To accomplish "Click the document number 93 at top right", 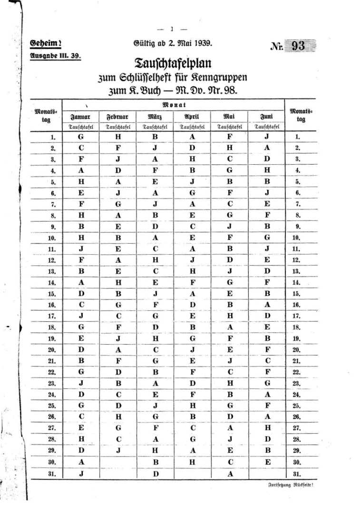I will [x=298, y=46].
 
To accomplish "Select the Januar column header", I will [x=80, y=117].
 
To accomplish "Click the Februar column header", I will [x=118, y=117].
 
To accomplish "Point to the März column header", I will [x=155, y=117].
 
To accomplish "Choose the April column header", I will [x=192, y=117].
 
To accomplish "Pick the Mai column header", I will [x=229, y=117].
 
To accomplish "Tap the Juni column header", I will [x=266, y=117].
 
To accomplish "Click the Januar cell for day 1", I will [x=81, y=136].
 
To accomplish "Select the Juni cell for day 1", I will [x=267, y=136].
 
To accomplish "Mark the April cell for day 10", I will [x=192, y=237].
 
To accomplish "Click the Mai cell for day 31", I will [x=230, y=473].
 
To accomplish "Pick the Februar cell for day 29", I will [x=118, y=450].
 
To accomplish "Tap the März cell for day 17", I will [x=155, y=316].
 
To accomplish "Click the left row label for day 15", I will [x=53, y=294].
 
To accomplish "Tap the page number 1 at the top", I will [x=172, y=29].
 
